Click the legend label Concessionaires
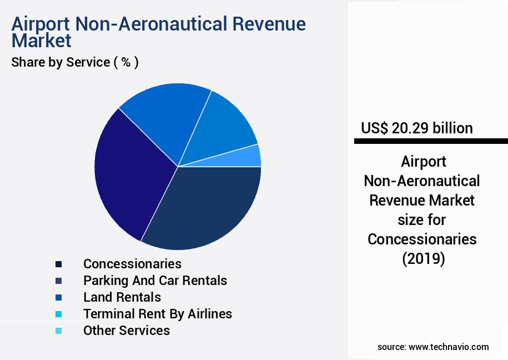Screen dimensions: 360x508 coord(132,263)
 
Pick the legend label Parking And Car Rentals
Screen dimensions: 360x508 coord(155,281)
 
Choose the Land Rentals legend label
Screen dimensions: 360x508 coord(122,297)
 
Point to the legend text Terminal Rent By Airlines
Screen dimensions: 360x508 coord(158,314)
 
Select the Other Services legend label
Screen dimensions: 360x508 coord(127,331)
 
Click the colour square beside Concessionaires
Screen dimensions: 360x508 coord(58,264)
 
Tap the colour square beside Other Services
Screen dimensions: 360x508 coord(58,331)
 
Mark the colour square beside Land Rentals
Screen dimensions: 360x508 coord(58,297)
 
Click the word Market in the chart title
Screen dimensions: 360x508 coord(41,41)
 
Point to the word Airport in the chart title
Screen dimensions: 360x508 coord(41,24)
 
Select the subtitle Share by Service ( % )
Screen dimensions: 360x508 coord(75,62)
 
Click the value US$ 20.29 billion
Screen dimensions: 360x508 coord(417,128)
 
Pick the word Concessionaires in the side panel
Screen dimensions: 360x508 coord(422,239)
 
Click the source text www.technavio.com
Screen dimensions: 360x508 coord(449,347)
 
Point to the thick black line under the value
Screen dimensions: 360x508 coord(431,142)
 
